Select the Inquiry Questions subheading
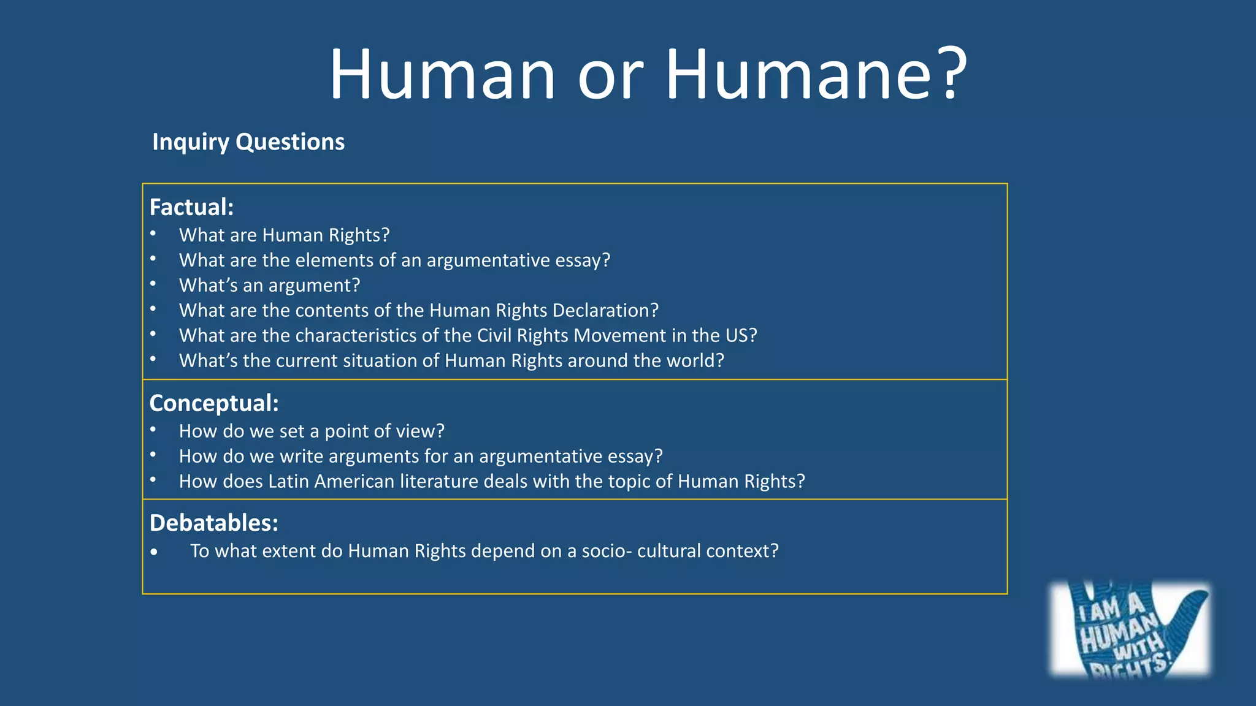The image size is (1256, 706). pos(248,142)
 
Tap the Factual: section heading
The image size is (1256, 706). pos(191,207)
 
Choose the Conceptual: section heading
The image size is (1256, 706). pos(214,403)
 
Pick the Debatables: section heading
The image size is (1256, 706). pos(214,523)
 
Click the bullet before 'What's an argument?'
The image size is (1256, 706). pos(153,284)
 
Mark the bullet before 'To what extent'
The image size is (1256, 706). pos(154,552)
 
